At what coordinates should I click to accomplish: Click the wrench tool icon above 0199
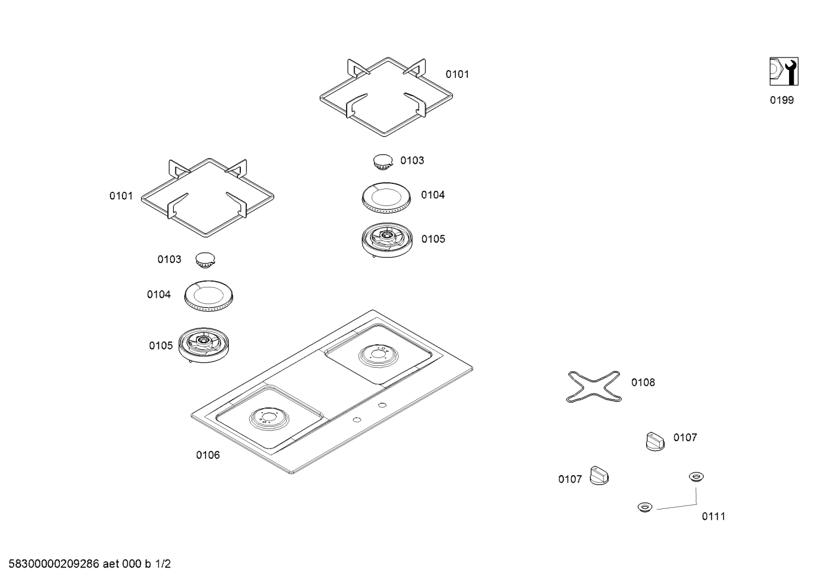click(x=783, y=72)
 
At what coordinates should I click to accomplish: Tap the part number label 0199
click(x=782, y=101)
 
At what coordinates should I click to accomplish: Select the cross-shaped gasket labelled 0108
click(x=594, y=386)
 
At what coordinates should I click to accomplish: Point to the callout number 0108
click(x=643, y=382)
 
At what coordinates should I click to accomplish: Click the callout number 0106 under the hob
click(x=208, y=455)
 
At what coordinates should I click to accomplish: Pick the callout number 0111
click(x=713, y=516)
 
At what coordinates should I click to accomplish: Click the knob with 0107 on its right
click(x=655, y=442)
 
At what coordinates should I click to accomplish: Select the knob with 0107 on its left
click(x=599, y=475)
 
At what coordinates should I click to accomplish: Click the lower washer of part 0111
click(x=645, y=507)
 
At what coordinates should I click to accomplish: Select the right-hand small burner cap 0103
click(x=383, y=161)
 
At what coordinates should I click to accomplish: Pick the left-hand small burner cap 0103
click(x=206, y=260)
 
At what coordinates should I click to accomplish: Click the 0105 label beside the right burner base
click(x=433, y=239)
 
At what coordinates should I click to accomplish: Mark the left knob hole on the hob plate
click(x=356, y=420)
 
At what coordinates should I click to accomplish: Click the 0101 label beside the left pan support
click(x=121, y=196)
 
